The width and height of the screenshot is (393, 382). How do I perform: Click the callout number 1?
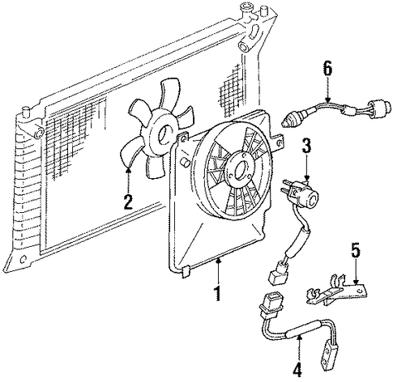(217, 293)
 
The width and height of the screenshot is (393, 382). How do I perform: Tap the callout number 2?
(128, 202)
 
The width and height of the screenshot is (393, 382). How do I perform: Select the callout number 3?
(306, 146)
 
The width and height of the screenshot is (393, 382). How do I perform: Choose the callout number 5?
(356, 250)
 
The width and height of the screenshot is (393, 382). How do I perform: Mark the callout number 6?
(327, 69)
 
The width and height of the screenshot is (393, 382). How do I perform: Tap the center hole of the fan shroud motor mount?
(240, 170)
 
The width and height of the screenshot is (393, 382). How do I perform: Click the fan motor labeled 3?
(301, 193)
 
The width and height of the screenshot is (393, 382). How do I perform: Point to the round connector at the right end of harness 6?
(379, 107)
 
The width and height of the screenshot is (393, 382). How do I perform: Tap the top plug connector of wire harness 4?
(268, 304)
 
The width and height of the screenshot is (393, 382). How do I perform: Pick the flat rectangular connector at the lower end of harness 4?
(330, 354)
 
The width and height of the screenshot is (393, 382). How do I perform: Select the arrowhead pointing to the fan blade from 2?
(129, 170)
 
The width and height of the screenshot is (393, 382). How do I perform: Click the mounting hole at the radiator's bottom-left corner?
(23, 260)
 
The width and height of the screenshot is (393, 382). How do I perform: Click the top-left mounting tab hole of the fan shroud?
(184, 139)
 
